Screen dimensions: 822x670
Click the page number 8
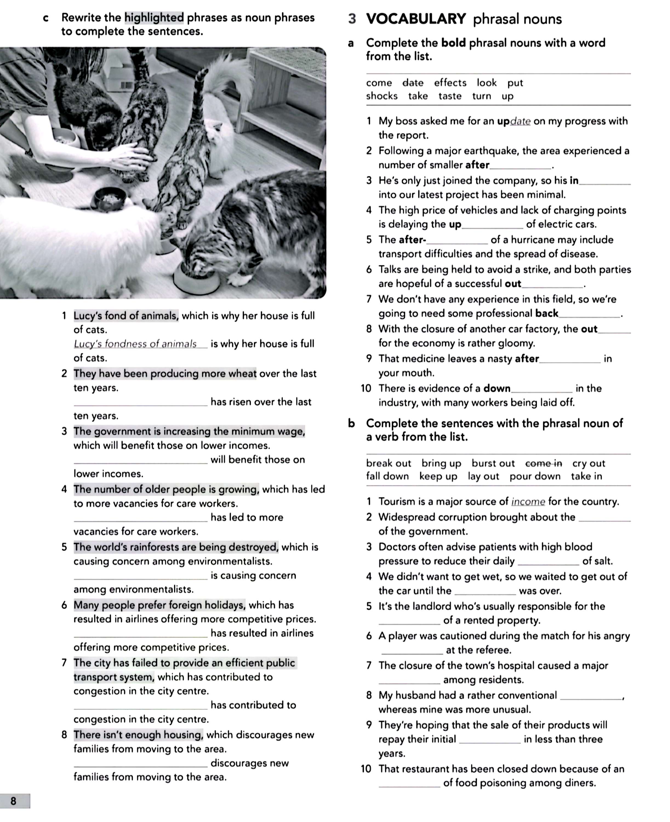tap(13, 801)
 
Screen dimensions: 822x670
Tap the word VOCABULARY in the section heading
tap(416, 19)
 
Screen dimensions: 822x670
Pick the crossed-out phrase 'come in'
tap(543, 463)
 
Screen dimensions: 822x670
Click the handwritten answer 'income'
tap(528, 501)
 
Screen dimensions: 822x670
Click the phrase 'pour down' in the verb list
tap(535, 476)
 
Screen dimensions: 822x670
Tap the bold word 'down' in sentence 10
tap(497, 388)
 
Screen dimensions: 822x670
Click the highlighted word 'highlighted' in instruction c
tap(154, 18)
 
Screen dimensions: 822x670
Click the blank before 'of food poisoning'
tap(409, 783)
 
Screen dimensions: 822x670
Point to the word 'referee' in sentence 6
tap(491, 650)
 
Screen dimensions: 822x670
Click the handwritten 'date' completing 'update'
tap(520, 121)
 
